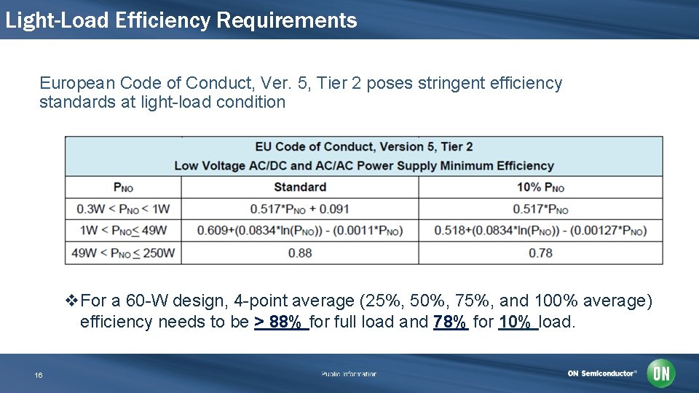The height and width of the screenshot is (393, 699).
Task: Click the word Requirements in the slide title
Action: [x=286, y=20]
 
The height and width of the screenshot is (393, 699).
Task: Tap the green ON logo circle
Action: [x=661, y=373]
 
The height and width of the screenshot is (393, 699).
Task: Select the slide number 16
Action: [x=39, y=375]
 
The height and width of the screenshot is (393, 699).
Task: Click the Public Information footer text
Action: [x=349, y=374]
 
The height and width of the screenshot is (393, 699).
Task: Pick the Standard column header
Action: [x=299, y=187]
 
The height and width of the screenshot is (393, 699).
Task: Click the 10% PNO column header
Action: [x=540, y=187]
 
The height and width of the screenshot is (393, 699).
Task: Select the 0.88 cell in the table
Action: [x=299, y=253]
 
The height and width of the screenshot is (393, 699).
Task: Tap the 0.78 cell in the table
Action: [x=540, y=253]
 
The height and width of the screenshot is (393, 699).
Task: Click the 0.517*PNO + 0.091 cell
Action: [x=299, y=209]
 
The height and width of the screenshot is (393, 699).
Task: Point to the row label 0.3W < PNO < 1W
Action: [x=123, y=209]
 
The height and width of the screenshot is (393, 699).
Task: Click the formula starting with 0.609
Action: [x=299, y=231]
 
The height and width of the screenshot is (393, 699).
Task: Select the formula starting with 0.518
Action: [x=540, y=231]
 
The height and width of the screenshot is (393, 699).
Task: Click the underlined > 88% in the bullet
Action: [x=281, y=322]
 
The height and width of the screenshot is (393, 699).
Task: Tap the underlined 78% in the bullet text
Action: [x=450, y=322]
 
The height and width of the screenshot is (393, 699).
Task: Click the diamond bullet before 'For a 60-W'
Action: [x=71, y=301]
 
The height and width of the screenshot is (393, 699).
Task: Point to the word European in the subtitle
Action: [x=73, y=83]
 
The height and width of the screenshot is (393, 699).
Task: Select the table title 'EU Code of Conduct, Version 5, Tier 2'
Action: [x=363, y=146]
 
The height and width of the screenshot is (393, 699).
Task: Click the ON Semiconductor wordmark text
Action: [x=602, y=373]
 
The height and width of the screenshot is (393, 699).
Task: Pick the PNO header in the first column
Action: [x=123, y=187]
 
